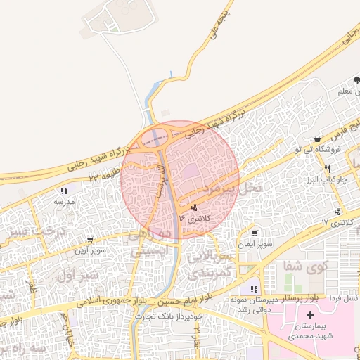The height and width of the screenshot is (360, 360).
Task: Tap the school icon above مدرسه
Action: coord(64,191)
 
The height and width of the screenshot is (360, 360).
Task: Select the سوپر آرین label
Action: coord(93,250)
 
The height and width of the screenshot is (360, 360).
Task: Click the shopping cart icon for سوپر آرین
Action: coord(89,240)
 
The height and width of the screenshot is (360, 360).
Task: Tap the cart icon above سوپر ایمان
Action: coord(254,233)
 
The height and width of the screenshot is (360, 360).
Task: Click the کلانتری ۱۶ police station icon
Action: coord(195,208)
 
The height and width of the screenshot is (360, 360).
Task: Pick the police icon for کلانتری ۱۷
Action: coord(339,212)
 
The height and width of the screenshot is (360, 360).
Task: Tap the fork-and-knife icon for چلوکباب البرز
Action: coord(328,169)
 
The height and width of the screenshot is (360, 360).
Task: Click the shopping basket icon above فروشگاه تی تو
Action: coord(319,139)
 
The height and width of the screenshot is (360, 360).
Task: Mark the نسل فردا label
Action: coord(340,299)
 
